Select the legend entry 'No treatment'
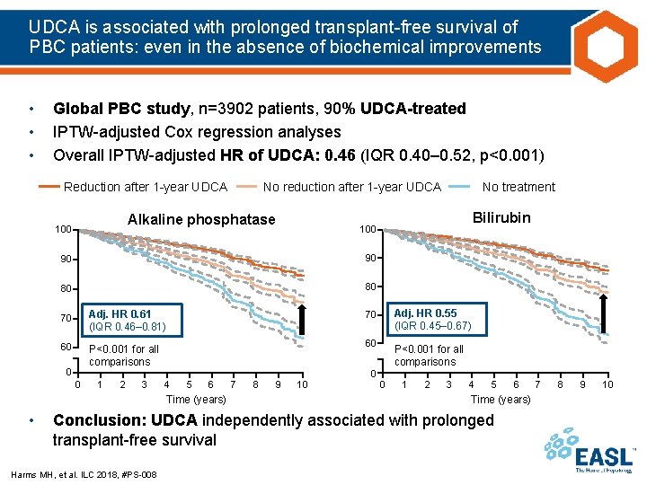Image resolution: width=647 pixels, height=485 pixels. tap(518, 187)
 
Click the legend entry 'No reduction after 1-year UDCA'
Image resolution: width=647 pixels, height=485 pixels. tap(351, 187)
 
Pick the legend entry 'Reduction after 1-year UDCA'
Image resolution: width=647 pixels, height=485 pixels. tap(146, 187)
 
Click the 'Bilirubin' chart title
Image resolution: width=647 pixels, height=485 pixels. tap(501, 217)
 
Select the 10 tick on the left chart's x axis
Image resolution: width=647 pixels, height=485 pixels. tap(302, 385)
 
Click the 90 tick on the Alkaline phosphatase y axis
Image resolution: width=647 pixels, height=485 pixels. tap(65, 260)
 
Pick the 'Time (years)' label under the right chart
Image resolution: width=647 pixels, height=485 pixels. tap(501, 399)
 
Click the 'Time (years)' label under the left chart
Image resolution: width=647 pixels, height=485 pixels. tap(196, 399)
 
